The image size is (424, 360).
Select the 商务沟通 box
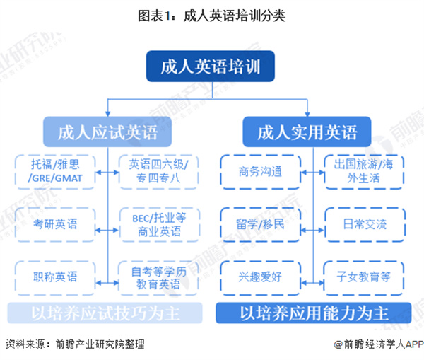pyautogui.click(x=256, y=170)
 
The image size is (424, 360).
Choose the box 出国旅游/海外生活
pyautogui.click(x=361, y=170)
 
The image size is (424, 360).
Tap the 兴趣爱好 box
pyautogui.click(x=256, y=277)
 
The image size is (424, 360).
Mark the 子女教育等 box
pyautogui.click(x=361, y=277)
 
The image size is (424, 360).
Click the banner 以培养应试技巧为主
pyautogui.click(x=107, y=313)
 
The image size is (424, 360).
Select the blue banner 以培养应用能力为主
pyautogui.click(x=314, y=313)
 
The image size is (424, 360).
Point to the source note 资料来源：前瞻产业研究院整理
pyautogui.click(x=74, y=344)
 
